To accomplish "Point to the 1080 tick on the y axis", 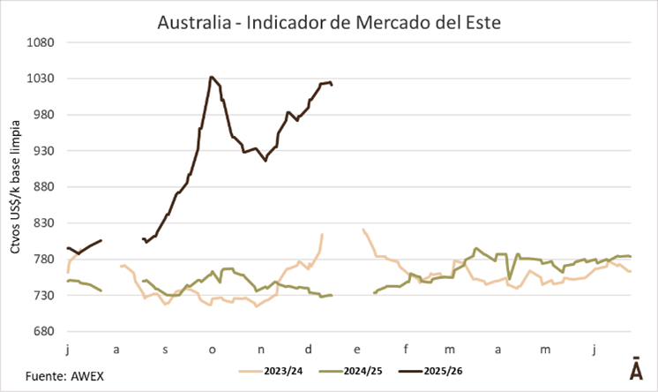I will click(x=43, y=42).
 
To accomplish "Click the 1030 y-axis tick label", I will click(x=43, y=79).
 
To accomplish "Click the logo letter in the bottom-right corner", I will click(x=635, y=369).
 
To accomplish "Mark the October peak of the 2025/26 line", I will click(x=211, y=77).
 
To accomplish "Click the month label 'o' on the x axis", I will click(x=212, y=350).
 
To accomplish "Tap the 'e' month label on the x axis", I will click(x=356, y=350).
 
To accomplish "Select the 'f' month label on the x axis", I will click(x=405, y=350).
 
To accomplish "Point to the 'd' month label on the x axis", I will click(x=308, y=350).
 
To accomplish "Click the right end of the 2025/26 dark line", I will click(x=332, y=85).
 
